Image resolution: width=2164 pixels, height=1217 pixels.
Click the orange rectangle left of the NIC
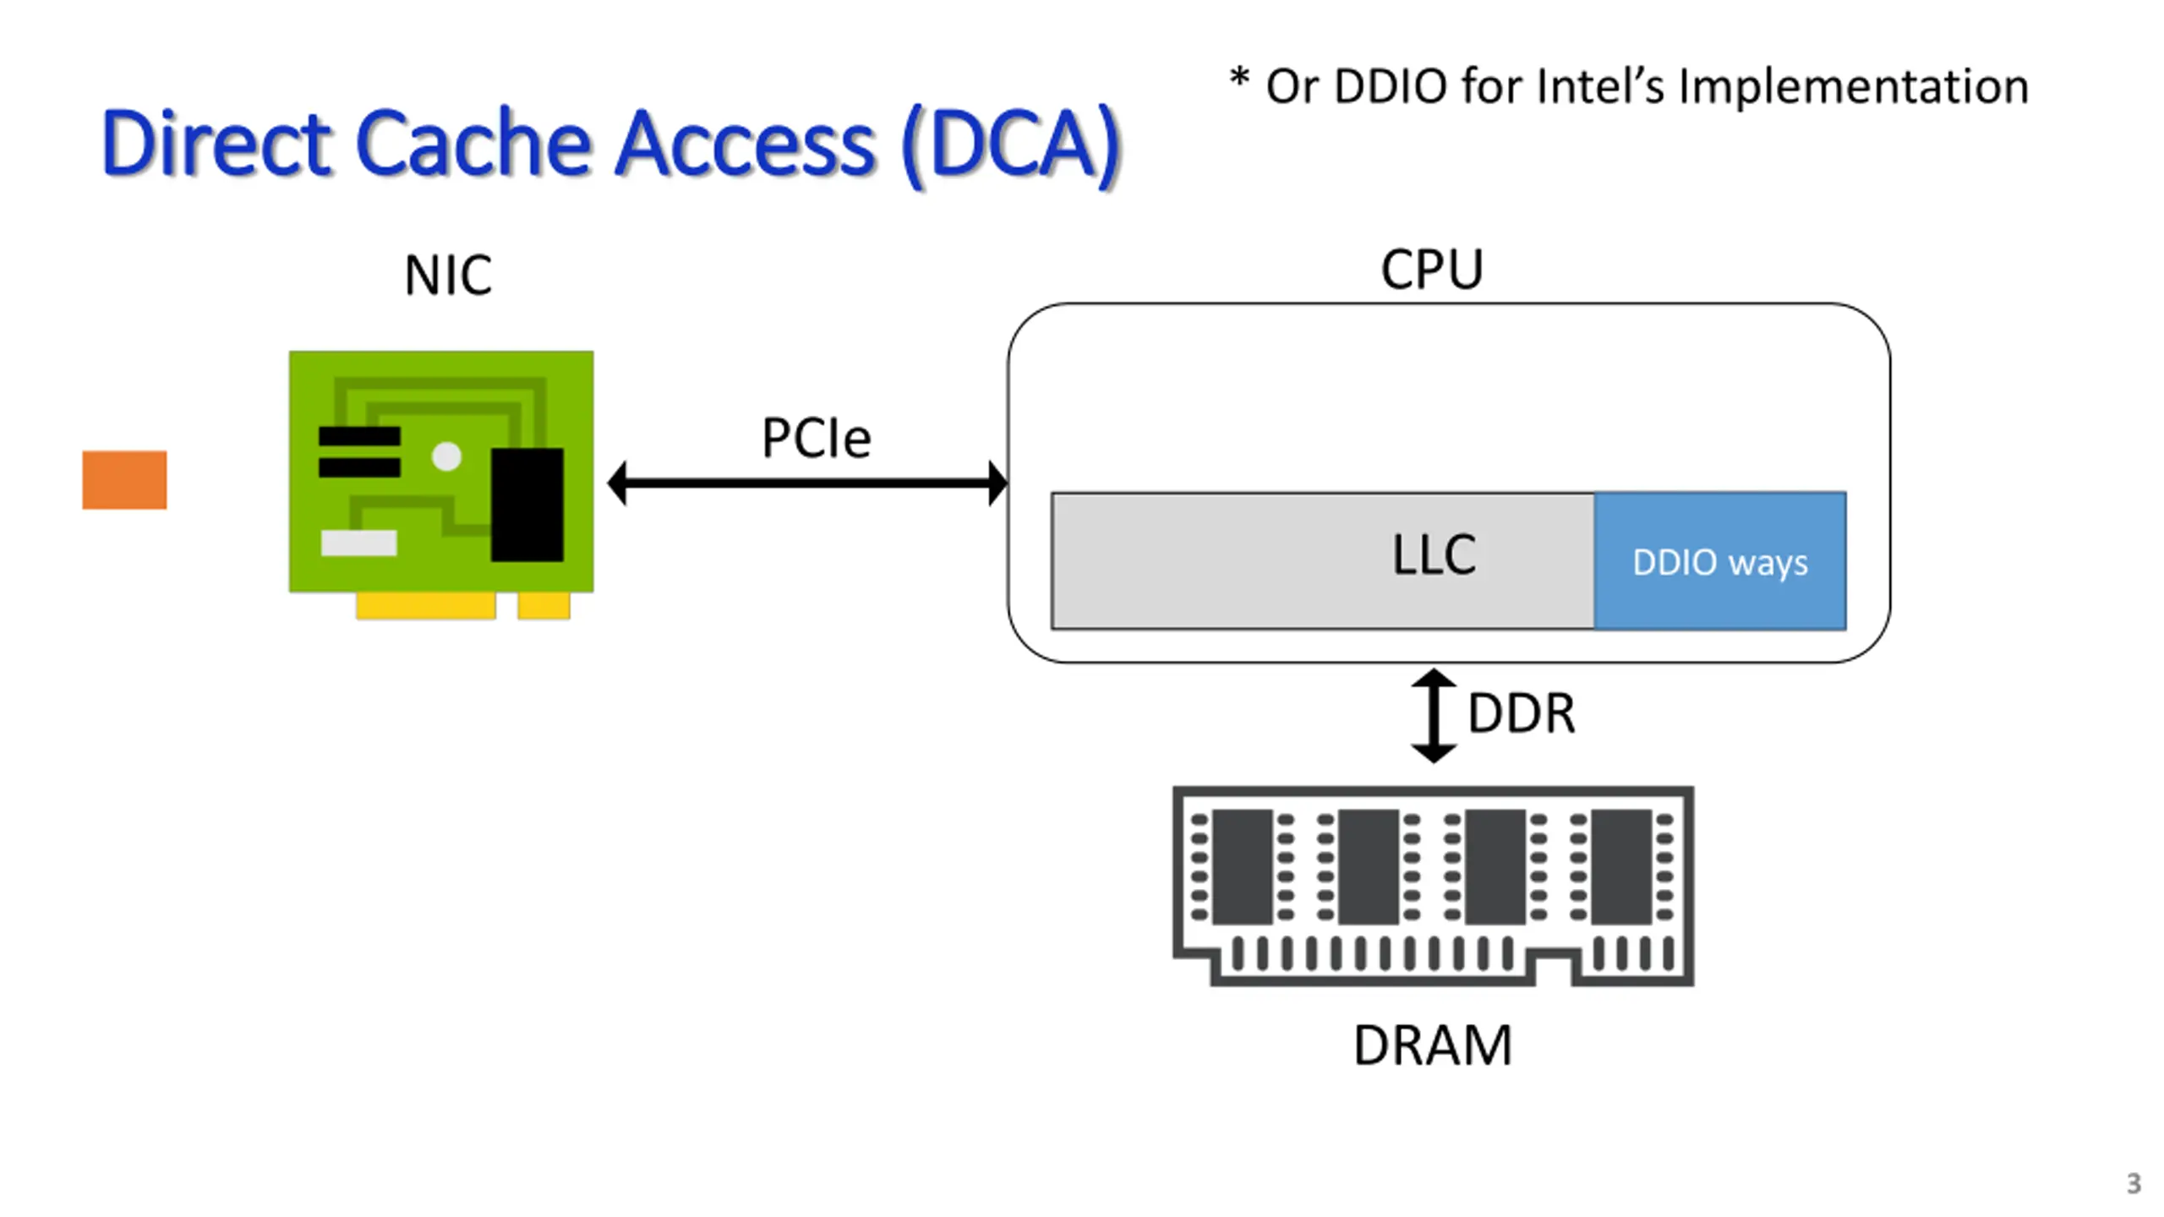pos(124,480)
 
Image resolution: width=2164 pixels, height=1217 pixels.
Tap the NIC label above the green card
pos(448,276)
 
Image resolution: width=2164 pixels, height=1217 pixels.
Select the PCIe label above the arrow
pos(816,438)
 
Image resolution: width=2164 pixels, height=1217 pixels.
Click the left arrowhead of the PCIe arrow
pos(617,483)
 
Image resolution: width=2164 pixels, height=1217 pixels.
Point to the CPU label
pos(1432,270)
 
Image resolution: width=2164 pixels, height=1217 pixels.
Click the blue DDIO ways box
pos(1720,561)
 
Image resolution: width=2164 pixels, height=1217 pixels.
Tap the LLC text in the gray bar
pos(1434,555)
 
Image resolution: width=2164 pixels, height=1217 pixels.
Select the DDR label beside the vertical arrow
pos(1522,713)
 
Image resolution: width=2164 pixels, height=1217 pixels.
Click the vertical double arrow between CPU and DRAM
pos(1434,715)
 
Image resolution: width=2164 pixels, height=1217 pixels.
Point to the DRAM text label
pos(1433,1045)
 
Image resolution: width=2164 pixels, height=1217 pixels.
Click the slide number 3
pos(2134,1183)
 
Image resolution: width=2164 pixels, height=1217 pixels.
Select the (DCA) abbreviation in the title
pos(1011,145)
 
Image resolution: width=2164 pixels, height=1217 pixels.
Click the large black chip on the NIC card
pos(527,505)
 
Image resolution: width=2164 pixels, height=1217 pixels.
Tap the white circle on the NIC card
pos(446,457)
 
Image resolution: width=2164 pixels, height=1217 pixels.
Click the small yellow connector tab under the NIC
pos(544,605)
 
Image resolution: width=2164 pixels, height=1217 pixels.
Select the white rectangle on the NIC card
pos(359,543)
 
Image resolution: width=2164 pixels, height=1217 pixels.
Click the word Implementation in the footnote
pos(1853,87)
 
